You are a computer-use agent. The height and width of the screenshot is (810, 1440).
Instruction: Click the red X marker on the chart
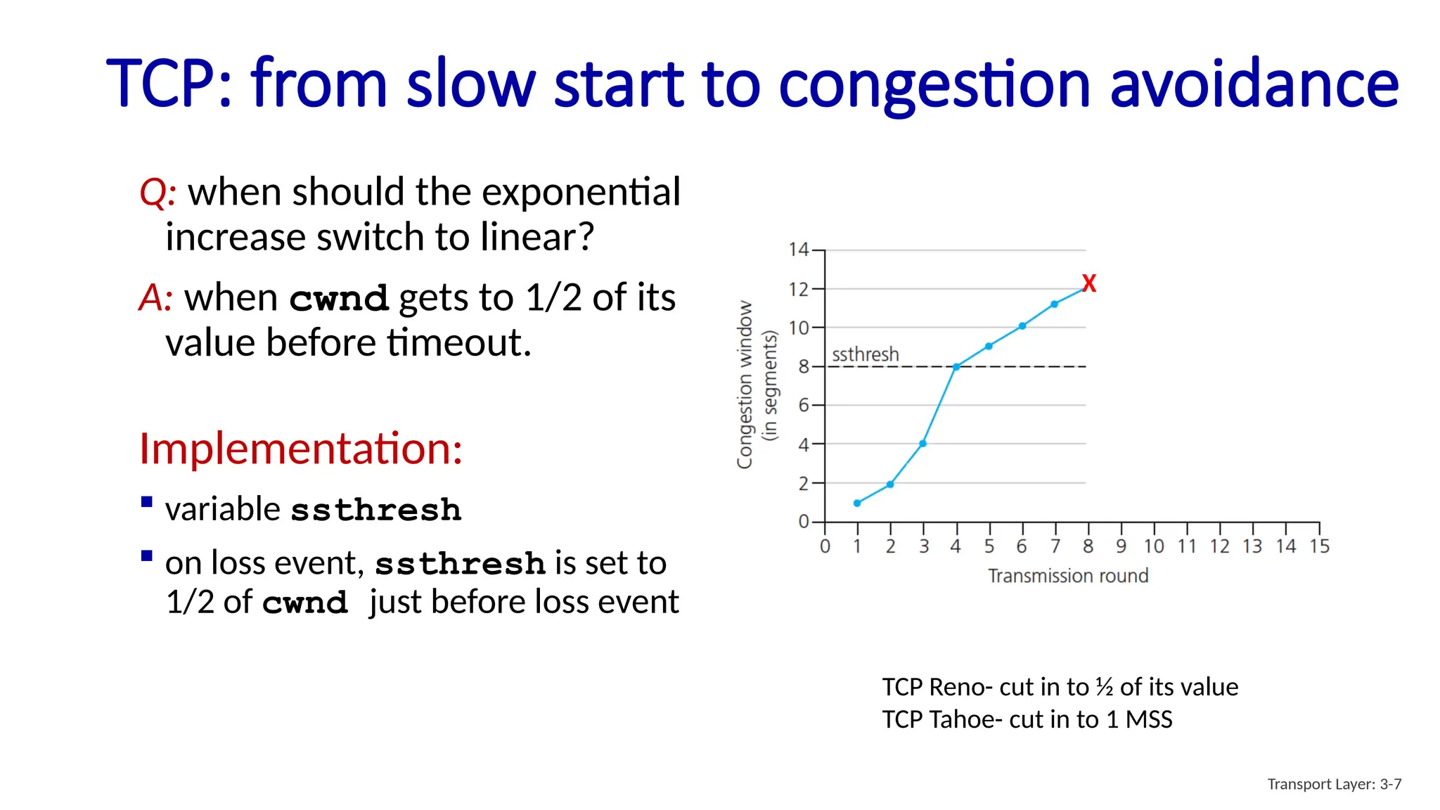(1088, 283)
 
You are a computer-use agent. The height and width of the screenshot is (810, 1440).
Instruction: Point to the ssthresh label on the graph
(865, 354)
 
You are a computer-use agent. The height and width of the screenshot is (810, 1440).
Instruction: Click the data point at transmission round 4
(956, 367)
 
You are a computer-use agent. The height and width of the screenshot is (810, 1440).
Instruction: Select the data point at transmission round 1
(857, 503)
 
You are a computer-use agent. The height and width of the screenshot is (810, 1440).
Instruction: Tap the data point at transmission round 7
(1054, 304)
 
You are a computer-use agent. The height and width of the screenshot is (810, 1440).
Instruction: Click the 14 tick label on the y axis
(799, 250)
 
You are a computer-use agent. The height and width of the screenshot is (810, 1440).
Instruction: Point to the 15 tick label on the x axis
(1319, 546)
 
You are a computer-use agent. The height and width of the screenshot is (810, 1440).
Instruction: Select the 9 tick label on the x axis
(1121, 546)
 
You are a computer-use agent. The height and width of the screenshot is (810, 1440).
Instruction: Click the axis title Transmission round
(1068, 576)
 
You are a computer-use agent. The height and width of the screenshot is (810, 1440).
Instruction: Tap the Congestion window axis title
(745, 385)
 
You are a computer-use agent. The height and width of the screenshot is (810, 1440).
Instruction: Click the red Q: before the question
(157, 193)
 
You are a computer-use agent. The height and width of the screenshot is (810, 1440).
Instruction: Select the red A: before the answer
(155, 297)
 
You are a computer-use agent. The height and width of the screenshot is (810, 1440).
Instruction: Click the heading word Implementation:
(301, 449)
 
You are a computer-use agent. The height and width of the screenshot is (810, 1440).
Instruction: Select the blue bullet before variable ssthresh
(147, 502)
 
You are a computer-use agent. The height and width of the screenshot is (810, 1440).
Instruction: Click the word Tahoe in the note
(962, 719)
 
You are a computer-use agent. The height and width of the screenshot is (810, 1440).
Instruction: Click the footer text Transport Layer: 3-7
(1334, 784)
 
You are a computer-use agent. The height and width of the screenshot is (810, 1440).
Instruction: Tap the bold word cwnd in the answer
(338, 299)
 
